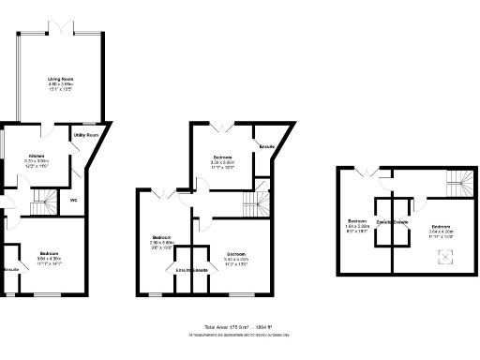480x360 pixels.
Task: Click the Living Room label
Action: [x=62, y=82]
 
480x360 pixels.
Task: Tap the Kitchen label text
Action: [x=37, y=157]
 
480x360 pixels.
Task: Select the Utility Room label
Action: [x=88, y=137]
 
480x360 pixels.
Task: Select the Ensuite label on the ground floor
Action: [x=11, y=270]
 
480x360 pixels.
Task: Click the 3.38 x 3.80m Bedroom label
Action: [x=222, y=159]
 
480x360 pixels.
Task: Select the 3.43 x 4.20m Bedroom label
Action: [x=236, y=254]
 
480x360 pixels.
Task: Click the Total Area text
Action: [x=239, y=327]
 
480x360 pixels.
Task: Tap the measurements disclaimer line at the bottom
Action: [x=239, y=335]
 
